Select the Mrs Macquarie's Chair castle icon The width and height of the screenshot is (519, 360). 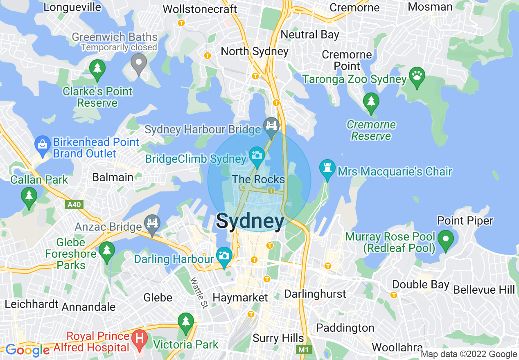(x=327, y=168)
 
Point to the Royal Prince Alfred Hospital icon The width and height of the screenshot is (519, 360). (x=139, y=339)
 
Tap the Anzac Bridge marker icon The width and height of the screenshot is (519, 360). (x=152, y=223)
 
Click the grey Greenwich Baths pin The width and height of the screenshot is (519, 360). (x=139, y=63)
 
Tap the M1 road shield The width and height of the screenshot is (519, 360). (x=302, y=350)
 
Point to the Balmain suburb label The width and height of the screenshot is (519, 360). (x=113, y=177)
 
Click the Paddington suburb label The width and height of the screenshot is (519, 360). (x=345, y=328)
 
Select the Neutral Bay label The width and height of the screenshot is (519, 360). (x=310, y=35)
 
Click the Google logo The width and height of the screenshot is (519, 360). (x=27, y=350)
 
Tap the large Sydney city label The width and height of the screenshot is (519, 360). (x=250, y=221)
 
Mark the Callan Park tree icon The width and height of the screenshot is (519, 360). (x=29, y=196)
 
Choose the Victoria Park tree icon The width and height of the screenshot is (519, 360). (x=186, y=321)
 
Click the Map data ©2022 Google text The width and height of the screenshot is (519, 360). (x=469, y=354)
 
